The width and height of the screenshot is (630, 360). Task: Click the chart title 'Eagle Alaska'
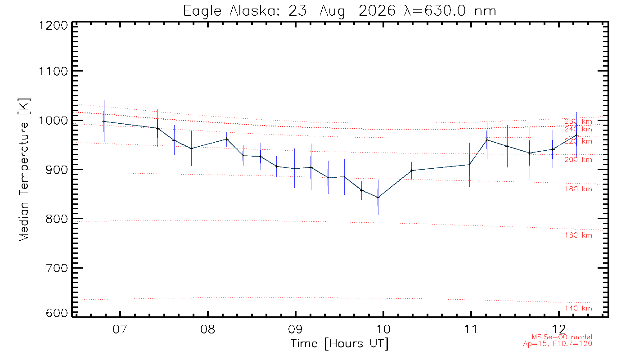(x=230, y=12)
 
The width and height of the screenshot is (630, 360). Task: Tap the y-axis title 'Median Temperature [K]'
(x=24, y=170)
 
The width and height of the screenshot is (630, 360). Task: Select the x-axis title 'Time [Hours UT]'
(x=340, y=344)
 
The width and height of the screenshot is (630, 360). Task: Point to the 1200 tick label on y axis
(x=54, y=26)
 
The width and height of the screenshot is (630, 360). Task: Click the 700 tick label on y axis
(x=57, y=268)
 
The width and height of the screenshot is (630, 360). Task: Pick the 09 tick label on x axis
(x=296, y=329)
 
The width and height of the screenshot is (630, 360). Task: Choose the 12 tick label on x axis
(x=558, y=329)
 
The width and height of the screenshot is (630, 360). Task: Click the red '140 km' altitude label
(x=578, y=308)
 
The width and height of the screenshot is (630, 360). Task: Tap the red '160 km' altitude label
(x=578, y=235)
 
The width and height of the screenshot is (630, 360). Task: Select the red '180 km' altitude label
(x=578, y=189)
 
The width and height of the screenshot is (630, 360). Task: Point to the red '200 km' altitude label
(x=578, y=160)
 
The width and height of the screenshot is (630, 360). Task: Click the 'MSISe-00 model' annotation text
(x=562, y=337)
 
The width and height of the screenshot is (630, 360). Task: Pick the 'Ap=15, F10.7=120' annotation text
(x=558, y=344)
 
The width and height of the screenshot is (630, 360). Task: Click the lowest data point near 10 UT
(x=378, y=198)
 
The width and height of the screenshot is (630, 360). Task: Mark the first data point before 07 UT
(x=104, y=121)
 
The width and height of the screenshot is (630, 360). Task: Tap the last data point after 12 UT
(x=576, y=135)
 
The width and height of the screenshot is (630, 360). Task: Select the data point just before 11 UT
(x=469, y=165)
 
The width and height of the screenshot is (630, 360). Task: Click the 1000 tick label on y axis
(x=54, y=121)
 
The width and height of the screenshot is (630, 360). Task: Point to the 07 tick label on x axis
(x=120, y=329)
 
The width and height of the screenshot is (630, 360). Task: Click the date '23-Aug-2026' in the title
(x=342, y=12)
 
